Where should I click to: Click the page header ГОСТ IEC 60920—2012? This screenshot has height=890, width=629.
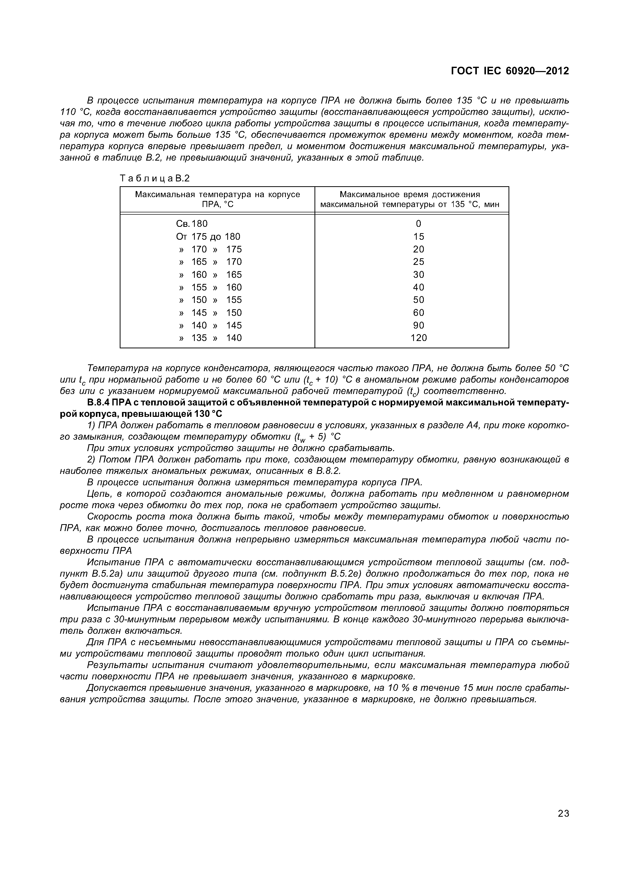pos(510,71)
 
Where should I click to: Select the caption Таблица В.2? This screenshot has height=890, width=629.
pos(155,178)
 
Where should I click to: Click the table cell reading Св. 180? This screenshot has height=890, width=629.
pos(192,224)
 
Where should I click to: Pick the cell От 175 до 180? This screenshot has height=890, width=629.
pos(208,236)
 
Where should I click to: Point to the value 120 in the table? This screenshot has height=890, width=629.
pos(418,338)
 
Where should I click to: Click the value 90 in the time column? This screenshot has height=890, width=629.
pos(418,325)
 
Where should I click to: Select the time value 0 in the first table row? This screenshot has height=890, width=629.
pos(418,224)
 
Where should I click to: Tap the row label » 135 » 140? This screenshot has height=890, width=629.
pos(211,338)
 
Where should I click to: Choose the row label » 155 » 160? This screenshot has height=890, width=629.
pos(211,287)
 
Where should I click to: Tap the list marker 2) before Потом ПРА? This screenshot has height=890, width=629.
pos(92,459)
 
